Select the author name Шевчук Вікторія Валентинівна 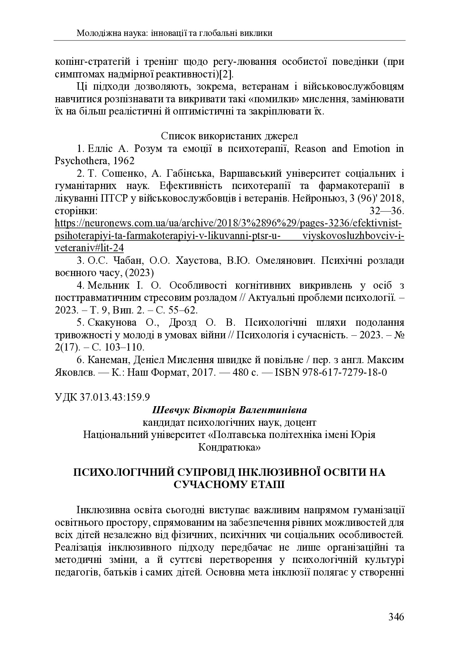pyautogui.click(x=229, y=410)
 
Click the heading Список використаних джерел pyautogui.click(x=229, y=135)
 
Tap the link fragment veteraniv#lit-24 pyautogui.click(x=89, y=248)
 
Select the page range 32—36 pyautogui.click(x=387, y=211)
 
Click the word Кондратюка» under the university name pyautogui.click(x=229, y=447)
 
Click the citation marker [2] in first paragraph pyautogui.click(x=226, y=74)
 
